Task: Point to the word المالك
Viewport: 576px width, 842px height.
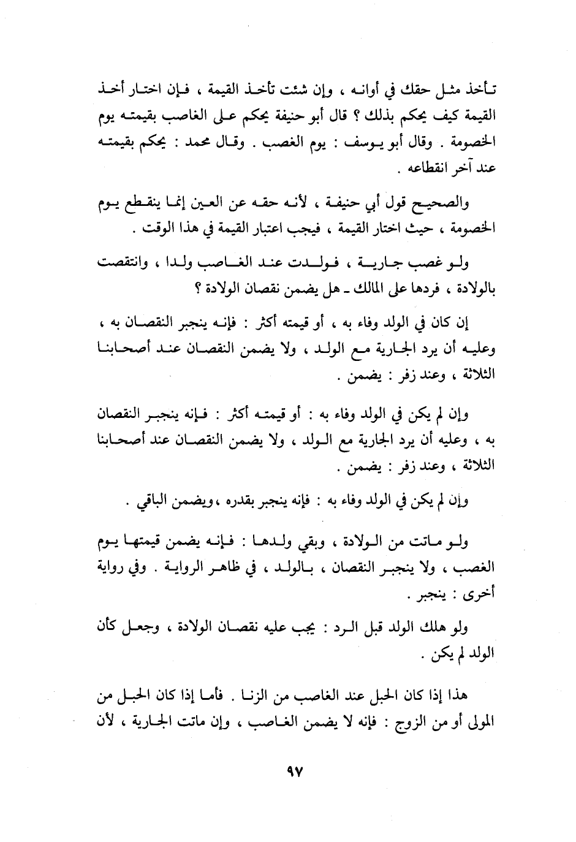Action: coord(359,288)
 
